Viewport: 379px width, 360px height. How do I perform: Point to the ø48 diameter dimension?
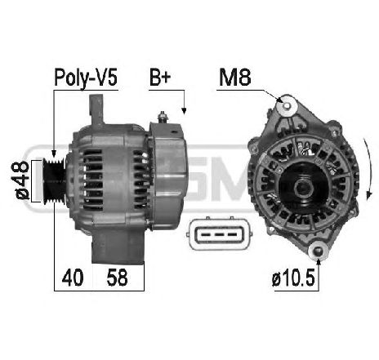22,179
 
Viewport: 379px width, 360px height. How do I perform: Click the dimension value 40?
72,278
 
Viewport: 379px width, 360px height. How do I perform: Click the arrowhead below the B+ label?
185,111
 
